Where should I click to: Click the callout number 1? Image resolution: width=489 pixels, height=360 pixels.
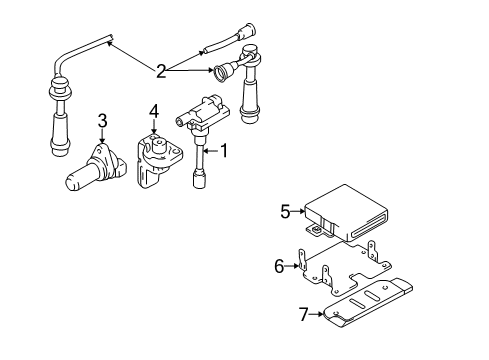tap(224, 152)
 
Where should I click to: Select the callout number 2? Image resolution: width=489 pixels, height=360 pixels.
tap(161, 70)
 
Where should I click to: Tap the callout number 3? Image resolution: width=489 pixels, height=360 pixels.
tap(101, 121)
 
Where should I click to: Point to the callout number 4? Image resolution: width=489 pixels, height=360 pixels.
tap(153, 111)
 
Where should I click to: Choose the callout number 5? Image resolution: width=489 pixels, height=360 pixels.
tap(285, 211)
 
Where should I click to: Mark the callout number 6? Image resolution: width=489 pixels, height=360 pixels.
tap(279, 265)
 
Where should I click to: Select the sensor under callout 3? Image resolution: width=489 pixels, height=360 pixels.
tap(96, 166)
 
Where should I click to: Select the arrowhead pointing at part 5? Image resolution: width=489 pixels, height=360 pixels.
tap(303, 212)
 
